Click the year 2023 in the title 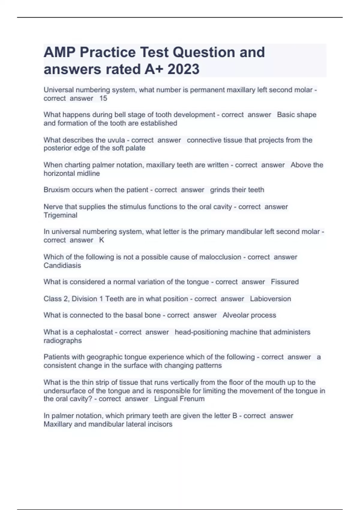[183, 69]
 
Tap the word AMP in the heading [59, 52]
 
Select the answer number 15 [103, 98]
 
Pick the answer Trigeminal [60, 215]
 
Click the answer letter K [102, 240]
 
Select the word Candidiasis [62, 265]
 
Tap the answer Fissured [285, 282]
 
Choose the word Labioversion [270, 299]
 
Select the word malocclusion [220, 257]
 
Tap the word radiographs [62, 340]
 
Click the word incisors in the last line [160, 424]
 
